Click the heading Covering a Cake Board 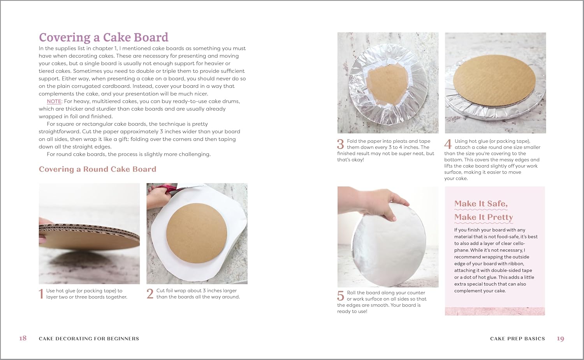(104, 37)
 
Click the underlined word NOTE (54, 101)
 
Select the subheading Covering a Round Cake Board (97, 169)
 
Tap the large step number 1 (41, 294)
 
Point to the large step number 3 (341, 144)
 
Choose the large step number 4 (448, 144)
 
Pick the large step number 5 (341, 296)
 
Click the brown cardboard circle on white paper (197, 233)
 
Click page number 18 (23, 338)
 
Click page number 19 (560, 338)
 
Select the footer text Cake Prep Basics (517, 339)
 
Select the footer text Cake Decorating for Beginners (89, 339)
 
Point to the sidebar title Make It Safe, (481, 204)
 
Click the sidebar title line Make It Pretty (484, 217)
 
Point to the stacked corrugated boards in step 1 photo (89, 236)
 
